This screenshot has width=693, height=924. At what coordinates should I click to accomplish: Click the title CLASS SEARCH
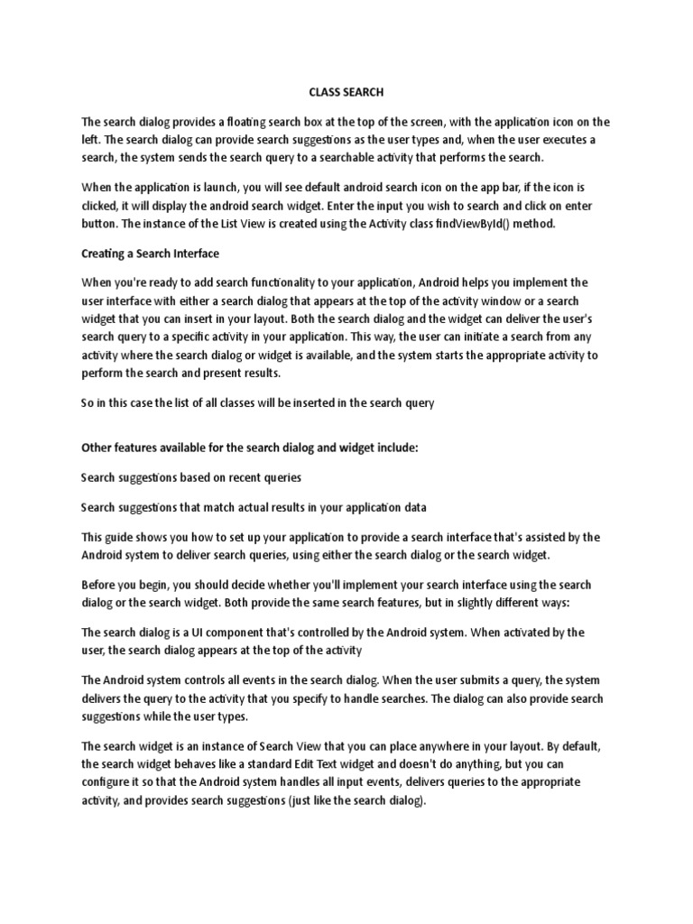click(x=346, y=92)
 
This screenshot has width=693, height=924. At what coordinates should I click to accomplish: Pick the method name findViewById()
click(x=481, y=224)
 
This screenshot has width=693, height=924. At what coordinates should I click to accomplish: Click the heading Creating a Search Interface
click(x=151, y=253)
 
